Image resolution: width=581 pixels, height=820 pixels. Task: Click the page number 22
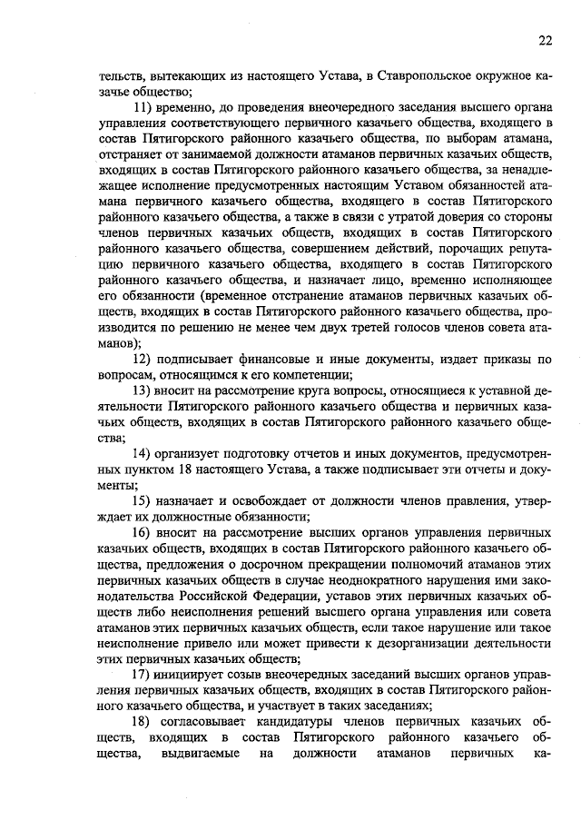pos(545,39)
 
